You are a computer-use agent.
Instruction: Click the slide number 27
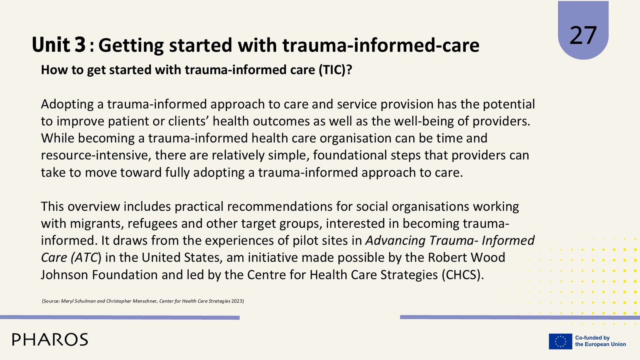click(583, 36)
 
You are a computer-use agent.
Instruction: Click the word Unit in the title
click(50, 45)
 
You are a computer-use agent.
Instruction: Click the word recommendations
click(280, 206)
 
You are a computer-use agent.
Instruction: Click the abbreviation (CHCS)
click(462, 275)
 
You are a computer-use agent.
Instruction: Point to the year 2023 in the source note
click(237, 301)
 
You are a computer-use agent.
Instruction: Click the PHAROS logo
click(50, 340)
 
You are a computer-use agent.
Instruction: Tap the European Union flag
click(560, 342)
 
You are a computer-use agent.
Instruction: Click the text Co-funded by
click(592, 338)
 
